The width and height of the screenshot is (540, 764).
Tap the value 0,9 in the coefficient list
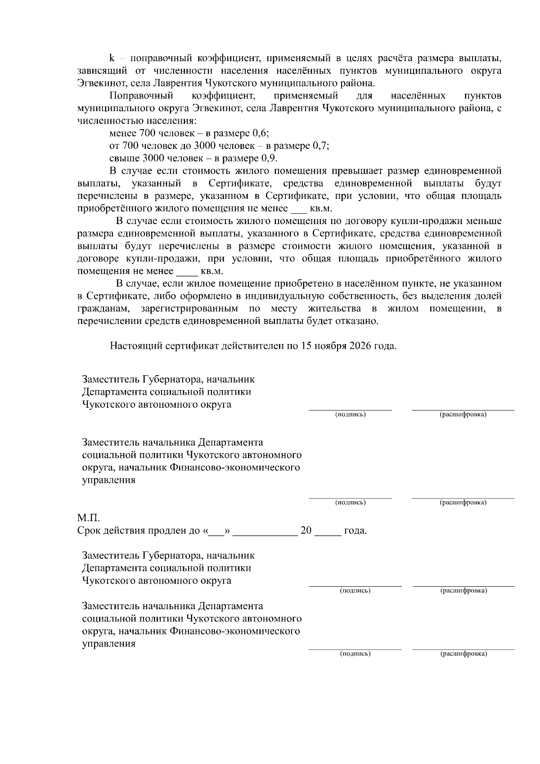[x=269, y=158]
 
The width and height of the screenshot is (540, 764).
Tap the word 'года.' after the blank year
[x=355, y=530]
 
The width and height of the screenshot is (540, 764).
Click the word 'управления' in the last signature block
[x=108, y=643]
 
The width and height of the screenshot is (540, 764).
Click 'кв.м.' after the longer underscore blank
[x=211, y=271]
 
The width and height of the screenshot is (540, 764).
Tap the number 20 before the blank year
[x=306, y=530]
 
